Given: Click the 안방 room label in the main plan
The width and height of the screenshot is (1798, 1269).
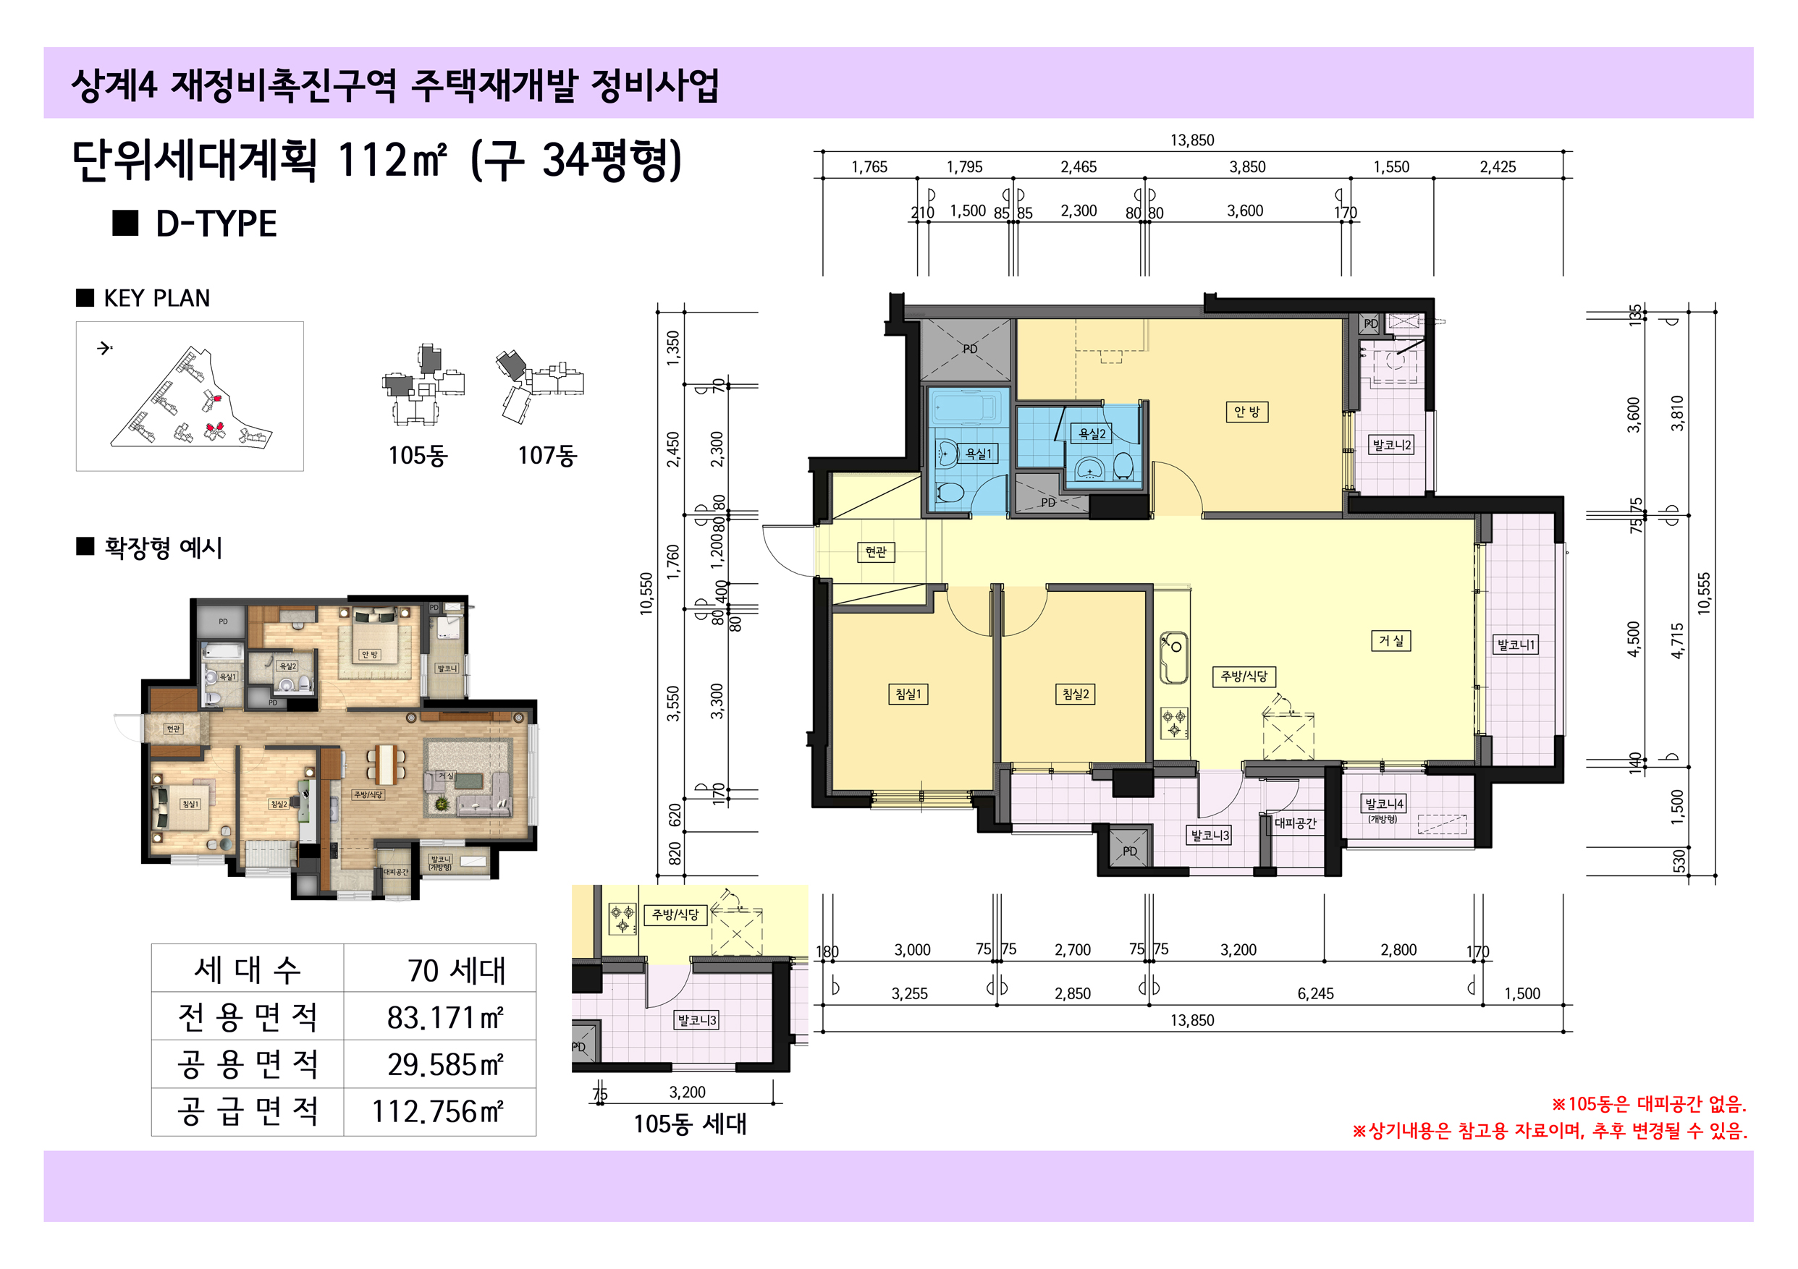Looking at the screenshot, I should [x=1246, y=412].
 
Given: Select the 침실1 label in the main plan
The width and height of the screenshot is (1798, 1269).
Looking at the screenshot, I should [x=908, y=694].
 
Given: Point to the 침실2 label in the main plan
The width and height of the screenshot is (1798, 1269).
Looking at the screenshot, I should [x=1075, y=694].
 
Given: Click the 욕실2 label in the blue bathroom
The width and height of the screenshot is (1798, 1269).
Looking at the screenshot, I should [x=1092, y=433].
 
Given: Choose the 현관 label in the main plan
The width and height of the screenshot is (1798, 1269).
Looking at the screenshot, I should [x=876, y=552].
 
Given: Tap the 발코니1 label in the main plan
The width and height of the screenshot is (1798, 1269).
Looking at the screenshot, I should [x=1516, y=645].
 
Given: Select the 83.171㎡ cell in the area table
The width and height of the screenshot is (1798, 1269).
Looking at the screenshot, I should [x=444, y=1017].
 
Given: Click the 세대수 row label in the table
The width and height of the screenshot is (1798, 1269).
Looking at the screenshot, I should [x=248, y=970].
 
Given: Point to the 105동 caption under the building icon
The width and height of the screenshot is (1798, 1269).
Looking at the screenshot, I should [x=418, y=455].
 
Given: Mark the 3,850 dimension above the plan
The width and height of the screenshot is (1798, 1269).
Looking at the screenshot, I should [x=1246, y=166].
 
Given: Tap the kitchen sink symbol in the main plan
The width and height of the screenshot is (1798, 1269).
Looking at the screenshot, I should [x=1173, y=657].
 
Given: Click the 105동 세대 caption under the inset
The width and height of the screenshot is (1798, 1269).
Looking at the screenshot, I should [x=689, y=1124].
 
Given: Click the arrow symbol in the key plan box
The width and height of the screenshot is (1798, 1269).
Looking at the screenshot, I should [x=105, y=349].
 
